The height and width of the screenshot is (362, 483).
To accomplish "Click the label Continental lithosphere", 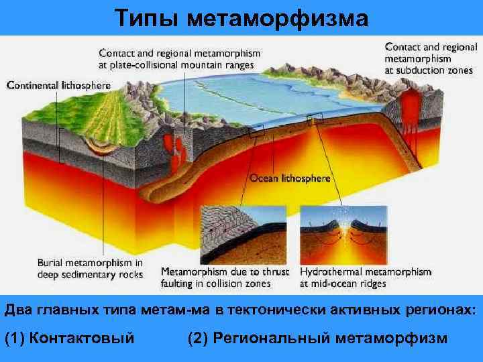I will click(59, 85).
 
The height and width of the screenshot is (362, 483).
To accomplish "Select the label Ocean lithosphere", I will click(290, 178).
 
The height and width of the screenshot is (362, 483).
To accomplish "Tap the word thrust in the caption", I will click(273, 272).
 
